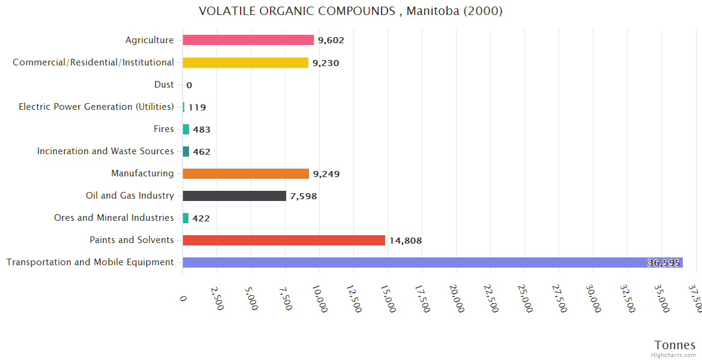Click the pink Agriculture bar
tap(248, 40)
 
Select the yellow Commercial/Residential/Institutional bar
tap(245, 62)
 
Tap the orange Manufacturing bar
tap(245, 174)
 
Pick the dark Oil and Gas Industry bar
tap(234, 196)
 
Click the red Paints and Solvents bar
tap(284, 241)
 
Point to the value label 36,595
tap(664, 263)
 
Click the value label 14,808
tap(406, 241)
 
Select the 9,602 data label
tap(331, 40)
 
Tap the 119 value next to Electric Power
tap(197, 107)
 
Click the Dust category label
tap(164, 85)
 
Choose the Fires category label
tap(164, 129)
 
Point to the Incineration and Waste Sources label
tap(106, 151)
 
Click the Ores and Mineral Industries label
tap(114, 218)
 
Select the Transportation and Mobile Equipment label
tap(90, 262)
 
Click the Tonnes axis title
tap(675, 345)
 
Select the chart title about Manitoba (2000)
tap(350, 11)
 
